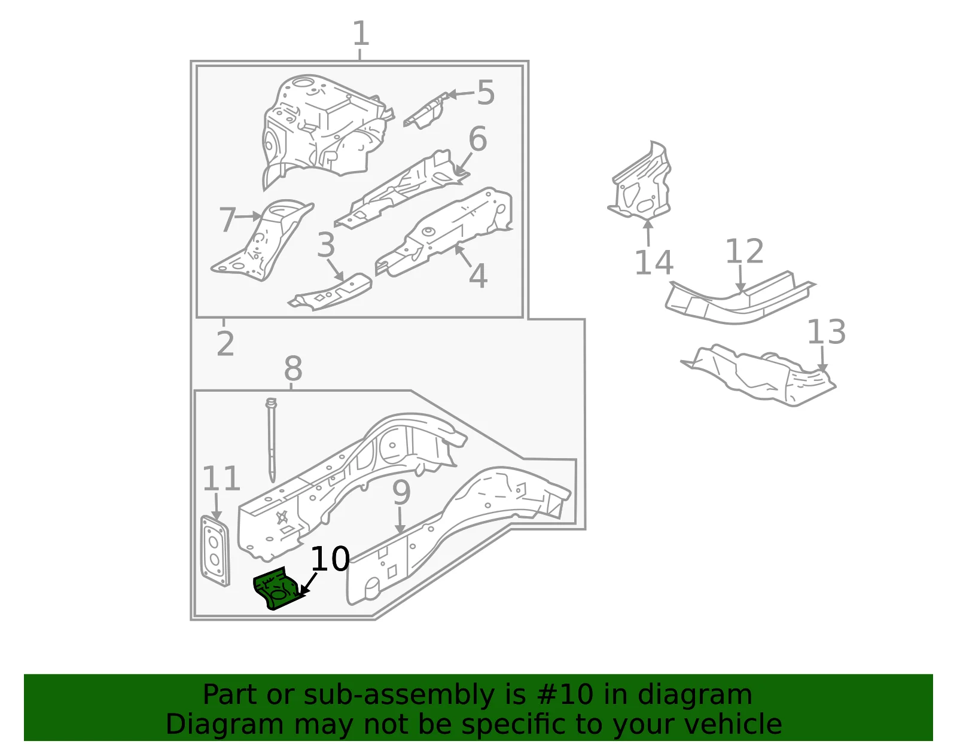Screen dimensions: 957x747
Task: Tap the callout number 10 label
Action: (330, 559)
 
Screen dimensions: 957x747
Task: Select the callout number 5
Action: (486, 93)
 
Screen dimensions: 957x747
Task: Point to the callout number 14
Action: (654, 263)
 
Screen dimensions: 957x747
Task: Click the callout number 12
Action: (744, 251)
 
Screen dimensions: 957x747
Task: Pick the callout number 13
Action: (826, 332)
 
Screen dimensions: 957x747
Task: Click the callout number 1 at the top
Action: (361, 33)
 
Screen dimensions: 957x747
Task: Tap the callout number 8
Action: (293, 368)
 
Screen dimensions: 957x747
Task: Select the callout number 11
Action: (221, 478)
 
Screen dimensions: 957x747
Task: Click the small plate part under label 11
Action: (215, 551)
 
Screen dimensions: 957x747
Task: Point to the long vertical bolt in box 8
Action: (272, 440)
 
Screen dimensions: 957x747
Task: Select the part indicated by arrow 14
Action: (641, 182)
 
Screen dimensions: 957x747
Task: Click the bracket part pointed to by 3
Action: (330, 292)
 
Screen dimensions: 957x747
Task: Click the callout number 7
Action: (228, 219)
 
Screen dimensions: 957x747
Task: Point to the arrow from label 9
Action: (400, 521)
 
